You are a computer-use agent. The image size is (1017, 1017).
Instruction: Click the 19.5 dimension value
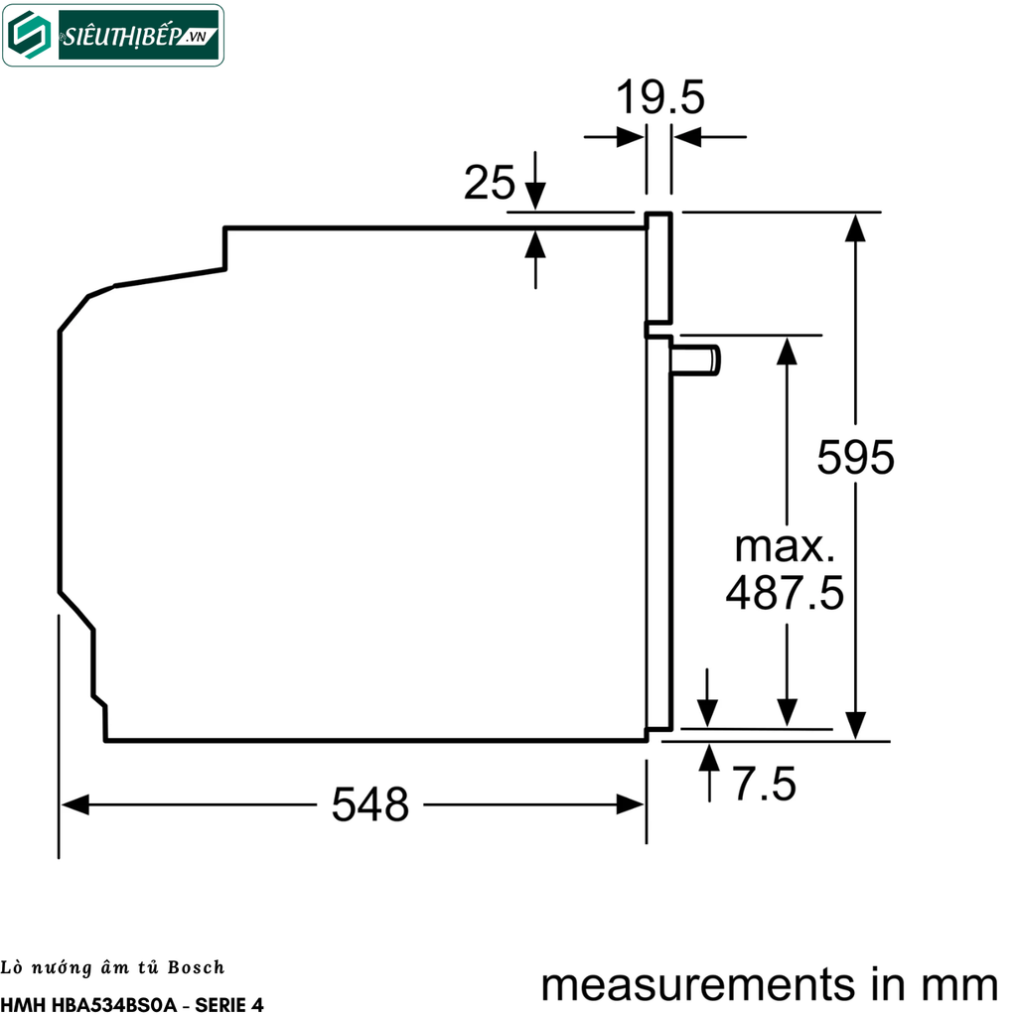coord(659,98)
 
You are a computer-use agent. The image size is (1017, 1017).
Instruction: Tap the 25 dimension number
coord(491,183)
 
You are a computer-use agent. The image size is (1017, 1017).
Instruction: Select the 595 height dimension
coord(856,457)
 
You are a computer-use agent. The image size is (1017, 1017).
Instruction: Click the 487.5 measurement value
coord(785,594)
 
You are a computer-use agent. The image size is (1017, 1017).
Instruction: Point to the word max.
coord(785,547)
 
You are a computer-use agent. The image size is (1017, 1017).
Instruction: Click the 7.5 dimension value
coord(765,785)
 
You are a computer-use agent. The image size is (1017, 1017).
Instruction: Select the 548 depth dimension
coord(369,804)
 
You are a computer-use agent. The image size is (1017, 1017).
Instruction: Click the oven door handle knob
coord(697,359)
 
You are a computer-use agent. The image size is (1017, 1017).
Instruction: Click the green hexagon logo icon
coord(31,36)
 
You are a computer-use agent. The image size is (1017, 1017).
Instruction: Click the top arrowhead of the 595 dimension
coord(855,227)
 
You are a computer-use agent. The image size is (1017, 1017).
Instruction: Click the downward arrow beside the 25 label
coord(535,197)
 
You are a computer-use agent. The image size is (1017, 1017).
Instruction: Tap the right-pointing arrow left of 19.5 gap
coord(630,137)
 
